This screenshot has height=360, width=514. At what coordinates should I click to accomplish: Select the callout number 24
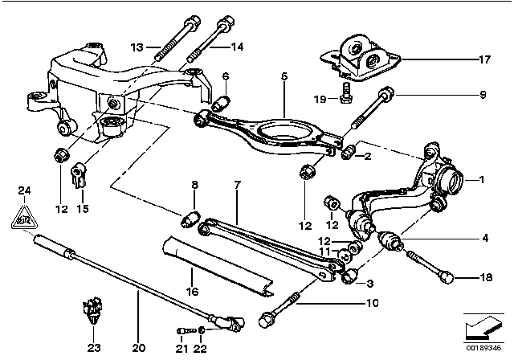[x=25, y=190]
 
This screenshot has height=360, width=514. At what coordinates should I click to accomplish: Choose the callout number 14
[x=237, y=47]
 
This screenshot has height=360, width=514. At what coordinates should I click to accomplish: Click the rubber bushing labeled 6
[x=225, y=103]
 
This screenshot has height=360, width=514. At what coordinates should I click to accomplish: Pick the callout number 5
[x=284, y=76]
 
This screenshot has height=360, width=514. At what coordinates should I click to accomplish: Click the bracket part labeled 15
[x=79, y=173]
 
